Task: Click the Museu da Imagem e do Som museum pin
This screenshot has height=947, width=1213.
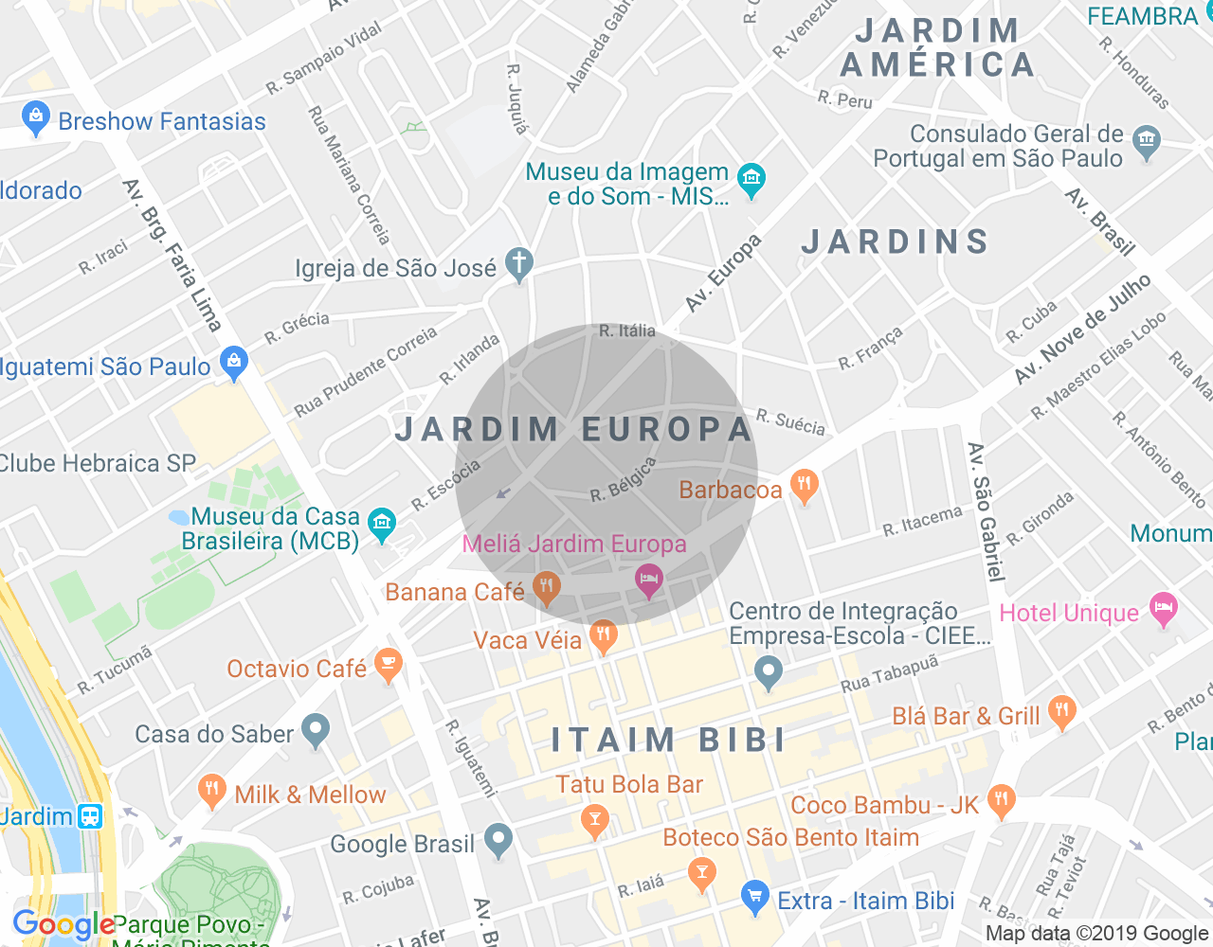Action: (751, 180)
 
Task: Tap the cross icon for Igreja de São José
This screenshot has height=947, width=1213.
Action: (518, 264)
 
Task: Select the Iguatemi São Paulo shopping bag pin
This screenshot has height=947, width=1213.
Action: (233, 363)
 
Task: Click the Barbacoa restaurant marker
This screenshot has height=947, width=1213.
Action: (804, 487)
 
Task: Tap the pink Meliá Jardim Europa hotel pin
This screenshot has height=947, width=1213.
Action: (648, 580)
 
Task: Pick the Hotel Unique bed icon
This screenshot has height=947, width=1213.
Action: (1164, 609)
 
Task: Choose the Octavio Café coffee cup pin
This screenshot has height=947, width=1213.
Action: (388, 665)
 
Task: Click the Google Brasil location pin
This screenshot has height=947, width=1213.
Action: (498, 840)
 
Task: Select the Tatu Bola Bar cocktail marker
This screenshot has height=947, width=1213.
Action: (595, 820)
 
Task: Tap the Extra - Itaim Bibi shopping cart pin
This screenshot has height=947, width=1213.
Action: (754, 897)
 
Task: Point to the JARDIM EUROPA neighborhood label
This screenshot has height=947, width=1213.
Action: (574, 429)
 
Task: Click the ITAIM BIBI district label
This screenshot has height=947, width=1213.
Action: (669, 740)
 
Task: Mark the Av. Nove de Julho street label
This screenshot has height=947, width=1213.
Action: (1082, 330)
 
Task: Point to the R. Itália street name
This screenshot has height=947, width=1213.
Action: (627, 331)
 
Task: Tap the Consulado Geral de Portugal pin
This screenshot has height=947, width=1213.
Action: (1147, 142)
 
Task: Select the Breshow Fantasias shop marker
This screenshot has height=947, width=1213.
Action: (36, 118)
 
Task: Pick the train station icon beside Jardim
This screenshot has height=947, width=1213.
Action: (91, 815)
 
